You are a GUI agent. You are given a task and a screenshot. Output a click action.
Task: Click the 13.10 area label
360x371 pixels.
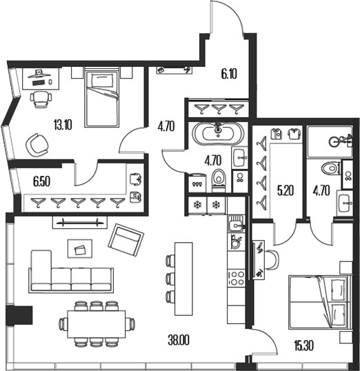coord(63,125)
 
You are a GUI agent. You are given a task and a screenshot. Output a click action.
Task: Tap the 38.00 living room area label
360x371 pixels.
coord(180,339)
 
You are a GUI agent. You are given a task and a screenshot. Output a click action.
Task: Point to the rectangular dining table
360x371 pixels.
coord(96,322)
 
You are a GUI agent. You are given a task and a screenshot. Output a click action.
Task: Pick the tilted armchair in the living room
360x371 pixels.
coord(124,240)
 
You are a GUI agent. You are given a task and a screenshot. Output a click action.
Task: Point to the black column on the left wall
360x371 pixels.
coord(15,315)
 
